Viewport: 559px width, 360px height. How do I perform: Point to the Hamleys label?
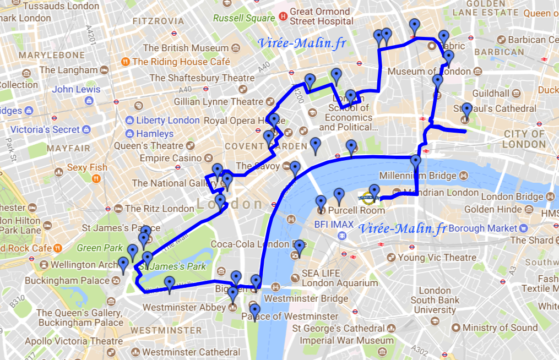point(155,133)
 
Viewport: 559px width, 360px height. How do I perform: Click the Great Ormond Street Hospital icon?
point(283,17)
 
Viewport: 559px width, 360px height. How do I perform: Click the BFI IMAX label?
point(332,224)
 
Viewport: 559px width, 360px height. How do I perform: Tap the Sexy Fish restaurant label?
point(87,167)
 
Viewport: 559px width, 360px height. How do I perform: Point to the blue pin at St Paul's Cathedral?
point(466,111)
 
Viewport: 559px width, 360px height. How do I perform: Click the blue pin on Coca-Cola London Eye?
point(299,247)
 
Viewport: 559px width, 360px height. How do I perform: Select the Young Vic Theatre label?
point(437,258)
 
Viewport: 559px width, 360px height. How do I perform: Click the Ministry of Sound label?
point(500,328)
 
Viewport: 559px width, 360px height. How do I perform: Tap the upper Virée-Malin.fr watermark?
point(302,43)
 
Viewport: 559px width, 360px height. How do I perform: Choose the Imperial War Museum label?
point(346,341)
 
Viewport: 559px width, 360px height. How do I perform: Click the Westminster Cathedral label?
point(191,352)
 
